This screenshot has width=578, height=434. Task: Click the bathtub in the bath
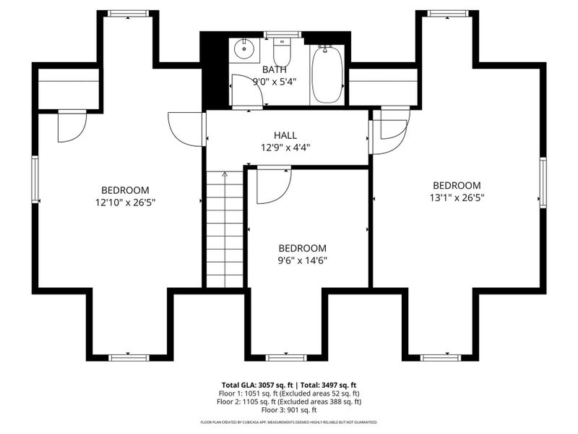[327, 74]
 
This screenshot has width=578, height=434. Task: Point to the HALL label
[285, 135]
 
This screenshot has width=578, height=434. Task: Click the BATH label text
[275, 69]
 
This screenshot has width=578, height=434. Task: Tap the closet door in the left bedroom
[72, 125]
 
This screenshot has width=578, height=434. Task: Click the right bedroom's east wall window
[543, 183]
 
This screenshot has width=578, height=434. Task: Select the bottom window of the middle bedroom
[286, 357]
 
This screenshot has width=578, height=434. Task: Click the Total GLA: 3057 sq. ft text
[259, 385]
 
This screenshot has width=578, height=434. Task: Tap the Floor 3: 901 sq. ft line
[289, 409]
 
